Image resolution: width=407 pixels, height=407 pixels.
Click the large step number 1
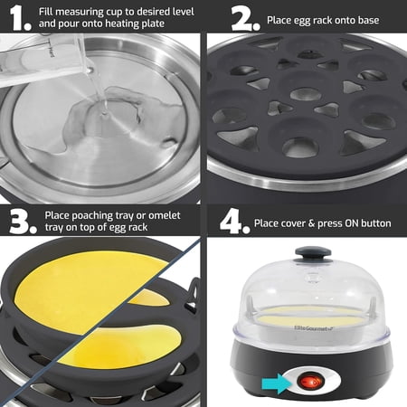pos(19,17)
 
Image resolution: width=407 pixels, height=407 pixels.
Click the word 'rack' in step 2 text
pos(329,18)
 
